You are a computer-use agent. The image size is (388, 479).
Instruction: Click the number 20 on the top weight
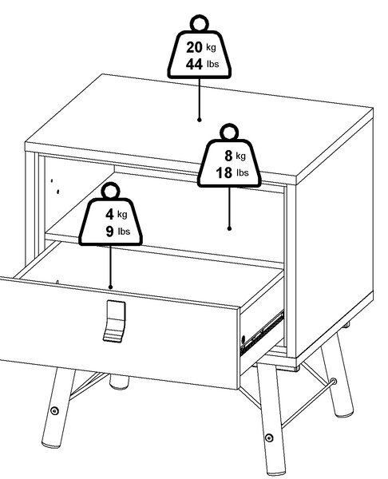click(194, 47)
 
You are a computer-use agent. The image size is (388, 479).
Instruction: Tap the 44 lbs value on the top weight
click(202, 64)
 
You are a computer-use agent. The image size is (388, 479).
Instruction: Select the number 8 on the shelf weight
click(228, 156)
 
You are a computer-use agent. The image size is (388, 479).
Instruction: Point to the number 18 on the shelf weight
click(224, 172)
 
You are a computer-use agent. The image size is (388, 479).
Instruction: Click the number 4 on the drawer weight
click(109, 214)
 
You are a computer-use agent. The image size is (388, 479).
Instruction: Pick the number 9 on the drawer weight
click(109, 232)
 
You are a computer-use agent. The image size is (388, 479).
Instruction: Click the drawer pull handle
click(115, 321)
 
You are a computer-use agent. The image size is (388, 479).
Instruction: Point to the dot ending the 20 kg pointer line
click(200, 120)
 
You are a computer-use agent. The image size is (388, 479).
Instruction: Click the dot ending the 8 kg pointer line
click(229, 228)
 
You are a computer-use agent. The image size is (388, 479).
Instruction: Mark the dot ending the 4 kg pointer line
click(110, 287)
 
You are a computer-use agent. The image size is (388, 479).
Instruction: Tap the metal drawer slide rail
click(262, 333)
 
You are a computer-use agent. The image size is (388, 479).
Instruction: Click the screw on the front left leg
click(54, 411)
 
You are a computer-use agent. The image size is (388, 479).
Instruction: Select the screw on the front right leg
click(268, 438)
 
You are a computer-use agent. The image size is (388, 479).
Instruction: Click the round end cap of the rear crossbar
click(334, 382)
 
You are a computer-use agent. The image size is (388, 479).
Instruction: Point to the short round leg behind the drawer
click(119, 382)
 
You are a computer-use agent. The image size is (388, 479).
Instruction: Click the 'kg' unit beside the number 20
click(211, 47)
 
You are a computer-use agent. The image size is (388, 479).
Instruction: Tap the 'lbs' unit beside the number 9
click(124, 232)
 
